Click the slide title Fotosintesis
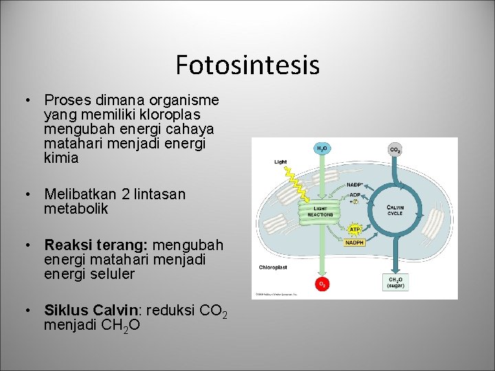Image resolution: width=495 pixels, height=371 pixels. pos(247,65)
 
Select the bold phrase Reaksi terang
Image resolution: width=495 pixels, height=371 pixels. pos(96,245)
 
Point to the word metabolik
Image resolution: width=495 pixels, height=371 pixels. pos(76,209)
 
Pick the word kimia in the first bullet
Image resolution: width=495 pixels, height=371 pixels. pos(61,158)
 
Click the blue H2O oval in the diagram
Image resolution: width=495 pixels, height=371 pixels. pos(321,148)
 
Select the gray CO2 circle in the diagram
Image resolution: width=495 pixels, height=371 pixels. pos(395,149)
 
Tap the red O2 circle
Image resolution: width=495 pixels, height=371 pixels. pos(321,283)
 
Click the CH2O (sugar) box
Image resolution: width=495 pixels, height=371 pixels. pos(395,282)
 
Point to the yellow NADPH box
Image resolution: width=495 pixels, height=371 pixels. pos(355,242)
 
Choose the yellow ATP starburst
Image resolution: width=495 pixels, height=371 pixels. pos(355,229)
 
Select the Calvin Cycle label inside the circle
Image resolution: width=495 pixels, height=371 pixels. pos(395,210)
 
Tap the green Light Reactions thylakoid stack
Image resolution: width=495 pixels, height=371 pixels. pos(320,210)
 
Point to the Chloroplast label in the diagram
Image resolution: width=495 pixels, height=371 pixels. pos(273,267)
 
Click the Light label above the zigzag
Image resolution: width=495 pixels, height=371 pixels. pos(280,162)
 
